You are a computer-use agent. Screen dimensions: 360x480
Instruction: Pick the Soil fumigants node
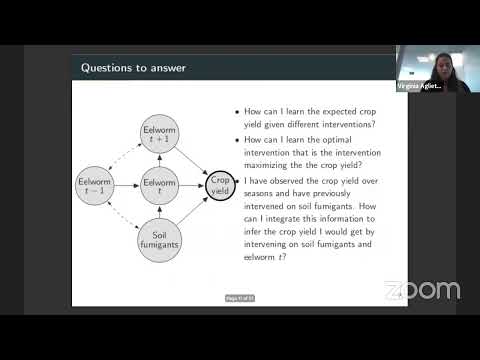(159, 240)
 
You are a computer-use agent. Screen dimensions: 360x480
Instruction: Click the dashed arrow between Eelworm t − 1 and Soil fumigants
(119, 218)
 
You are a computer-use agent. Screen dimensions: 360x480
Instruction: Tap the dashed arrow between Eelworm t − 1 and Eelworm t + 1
(119, 152)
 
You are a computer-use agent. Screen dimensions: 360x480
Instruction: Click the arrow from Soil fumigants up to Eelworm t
(159, 211)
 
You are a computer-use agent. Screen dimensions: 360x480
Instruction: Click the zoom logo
(421, 291)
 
